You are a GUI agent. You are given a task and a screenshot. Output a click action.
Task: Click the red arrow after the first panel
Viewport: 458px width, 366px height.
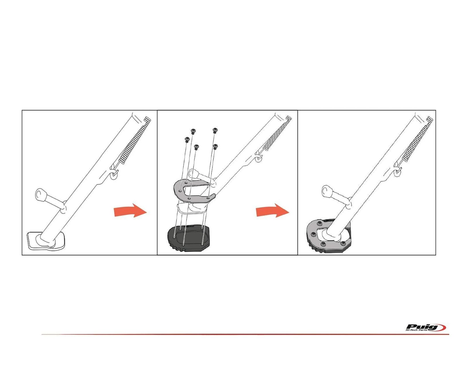pos(130,210)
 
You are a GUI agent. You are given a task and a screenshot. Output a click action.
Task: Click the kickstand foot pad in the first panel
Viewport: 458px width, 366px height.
pos(46,241)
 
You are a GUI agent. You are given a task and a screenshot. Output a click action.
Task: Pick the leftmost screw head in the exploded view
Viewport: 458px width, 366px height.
pos(187,140)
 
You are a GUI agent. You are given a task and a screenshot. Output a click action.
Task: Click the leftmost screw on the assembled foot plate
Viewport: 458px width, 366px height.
pos(313,234)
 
